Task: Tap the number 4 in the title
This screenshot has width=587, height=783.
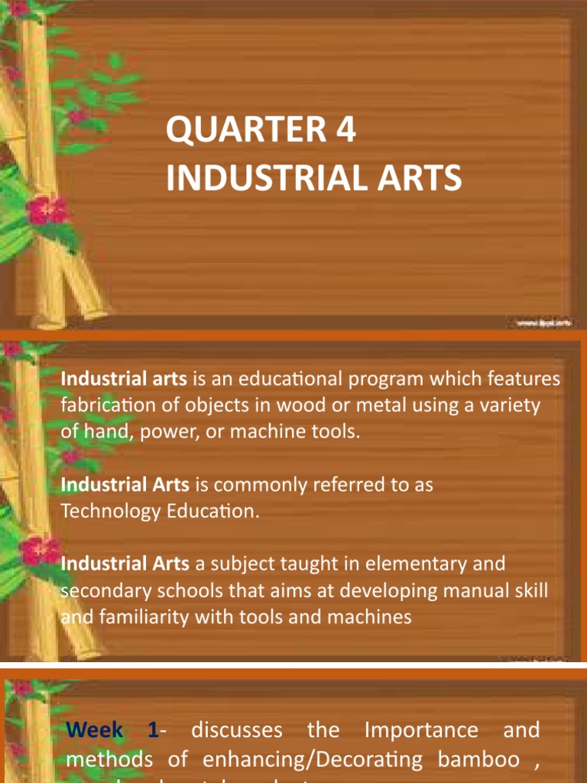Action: [346, 132]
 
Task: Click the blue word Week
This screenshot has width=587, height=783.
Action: [94, 730]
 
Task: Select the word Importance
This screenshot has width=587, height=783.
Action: [421, 730]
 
